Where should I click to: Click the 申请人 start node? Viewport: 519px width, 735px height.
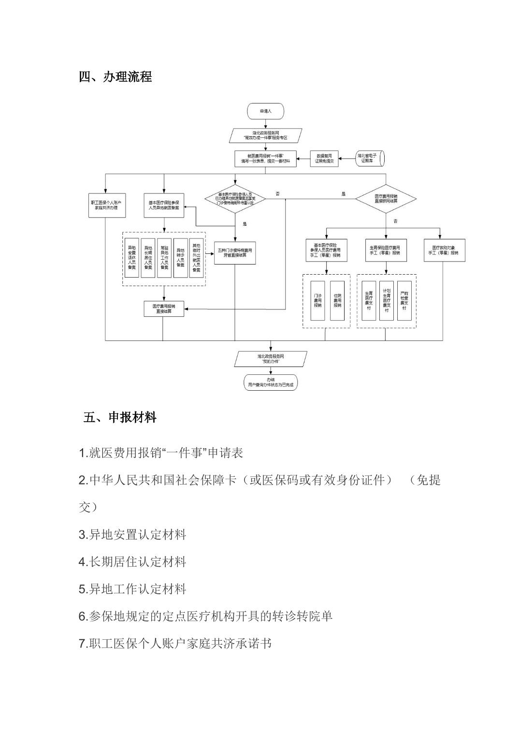265,111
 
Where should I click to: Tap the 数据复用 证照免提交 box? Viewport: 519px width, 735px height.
325,159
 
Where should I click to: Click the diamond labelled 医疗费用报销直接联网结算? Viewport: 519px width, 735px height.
386,198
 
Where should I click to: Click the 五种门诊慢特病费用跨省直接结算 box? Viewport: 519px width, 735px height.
235,253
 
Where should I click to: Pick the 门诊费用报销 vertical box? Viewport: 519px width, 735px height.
317,300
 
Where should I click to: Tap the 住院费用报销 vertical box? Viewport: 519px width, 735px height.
337,300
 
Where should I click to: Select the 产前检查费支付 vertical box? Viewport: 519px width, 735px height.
404,300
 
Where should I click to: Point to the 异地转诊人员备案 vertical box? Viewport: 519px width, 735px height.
180,257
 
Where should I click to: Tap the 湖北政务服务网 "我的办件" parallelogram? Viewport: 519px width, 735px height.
271,359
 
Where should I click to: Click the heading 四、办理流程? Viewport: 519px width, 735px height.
115,76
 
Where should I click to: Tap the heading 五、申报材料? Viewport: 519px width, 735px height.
119,417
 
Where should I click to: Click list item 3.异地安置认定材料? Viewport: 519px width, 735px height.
132,535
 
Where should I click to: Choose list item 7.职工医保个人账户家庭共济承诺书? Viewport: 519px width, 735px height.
175,644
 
